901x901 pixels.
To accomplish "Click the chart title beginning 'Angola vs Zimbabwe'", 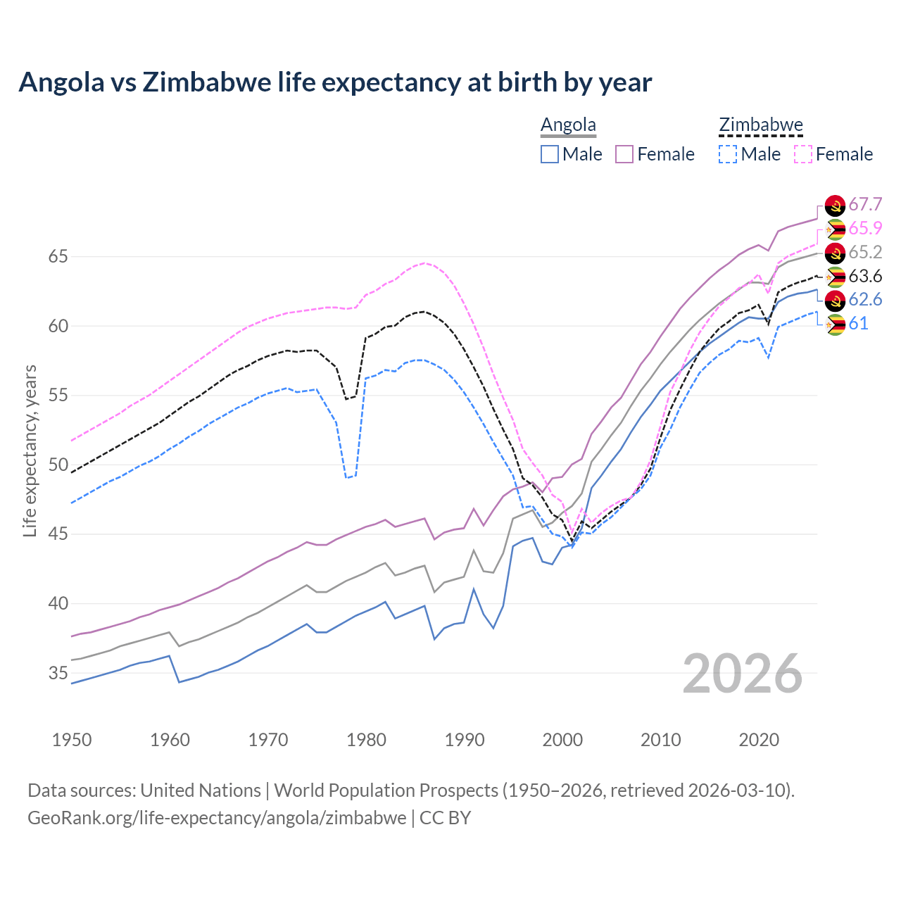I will coord(335,82).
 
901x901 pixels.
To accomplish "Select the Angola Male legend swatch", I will coord(550,154).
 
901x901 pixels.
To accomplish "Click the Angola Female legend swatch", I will coord(624,154).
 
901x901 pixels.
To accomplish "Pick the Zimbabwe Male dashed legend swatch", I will coord(728,154).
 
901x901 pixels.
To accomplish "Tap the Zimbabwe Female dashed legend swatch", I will coord(803,154).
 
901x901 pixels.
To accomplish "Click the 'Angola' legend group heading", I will coord(568,125).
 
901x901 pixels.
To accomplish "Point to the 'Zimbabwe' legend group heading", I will coord(761,125).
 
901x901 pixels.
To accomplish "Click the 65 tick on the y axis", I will coord(58,257).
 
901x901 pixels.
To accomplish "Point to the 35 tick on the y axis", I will coord(58,674).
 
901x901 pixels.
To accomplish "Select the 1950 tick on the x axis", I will coord(72,740).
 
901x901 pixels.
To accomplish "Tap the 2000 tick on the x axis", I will coord(562,740).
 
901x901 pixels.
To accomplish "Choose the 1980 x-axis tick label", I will coord(367,740).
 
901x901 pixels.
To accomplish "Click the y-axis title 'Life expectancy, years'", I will coord(30,450).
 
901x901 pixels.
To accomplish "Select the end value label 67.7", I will coord(865,205).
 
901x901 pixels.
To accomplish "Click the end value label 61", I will coord(858,324).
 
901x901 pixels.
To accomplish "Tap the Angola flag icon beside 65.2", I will coord(835,253).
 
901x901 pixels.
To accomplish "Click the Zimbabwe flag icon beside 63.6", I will coord(835,277).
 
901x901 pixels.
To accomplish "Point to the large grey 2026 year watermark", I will coord(743,674).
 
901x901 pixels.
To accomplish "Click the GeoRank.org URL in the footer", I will coord(217,818).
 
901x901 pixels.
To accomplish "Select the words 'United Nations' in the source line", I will coord(201,790).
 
